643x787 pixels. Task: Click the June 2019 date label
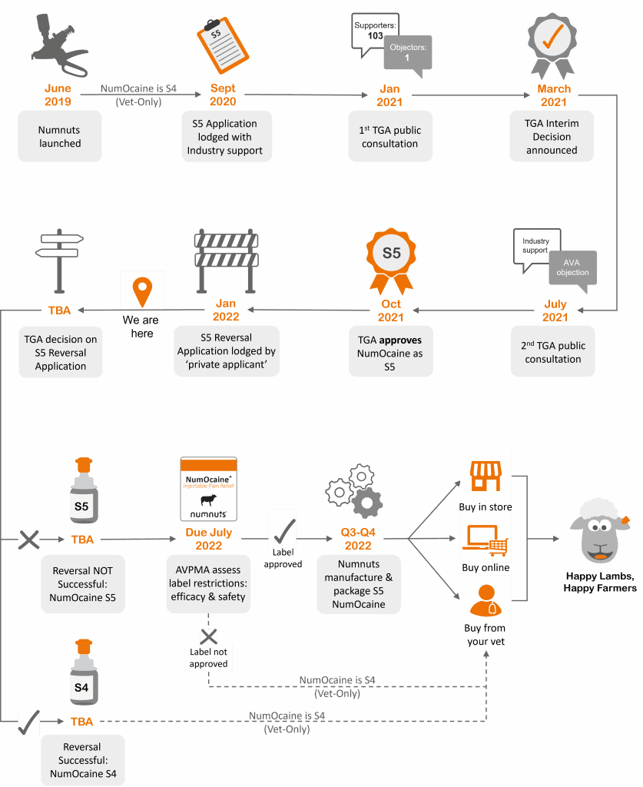59,95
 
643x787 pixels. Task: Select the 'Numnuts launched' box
60,137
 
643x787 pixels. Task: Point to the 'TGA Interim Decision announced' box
552,137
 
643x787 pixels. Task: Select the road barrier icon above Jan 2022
225,260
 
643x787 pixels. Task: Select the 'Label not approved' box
208,659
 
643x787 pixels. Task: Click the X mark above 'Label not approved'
209,636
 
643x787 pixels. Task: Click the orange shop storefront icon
486,476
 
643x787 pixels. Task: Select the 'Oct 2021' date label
391,310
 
